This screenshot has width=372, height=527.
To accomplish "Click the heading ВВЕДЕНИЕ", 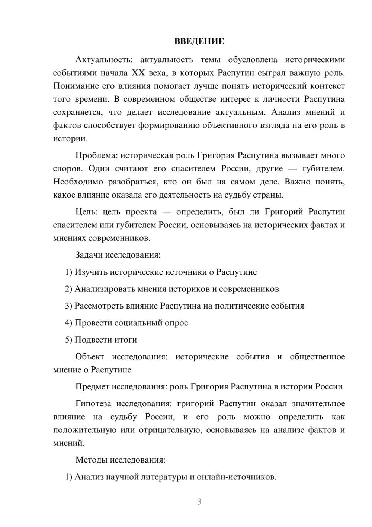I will click(x=199, y=41).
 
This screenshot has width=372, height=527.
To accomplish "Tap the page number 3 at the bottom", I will click(x=199, y=502).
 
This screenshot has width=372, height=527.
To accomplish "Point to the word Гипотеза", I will click(x=92, y=404).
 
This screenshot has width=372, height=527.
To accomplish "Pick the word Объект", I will click(x=90, y=357).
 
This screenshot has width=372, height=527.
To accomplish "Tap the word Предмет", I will click(x=92, y=386).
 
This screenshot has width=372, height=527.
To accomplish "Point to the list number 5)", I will click(x=69, y=340).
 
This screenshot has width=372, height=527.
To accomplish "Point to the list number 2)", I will click(x=69, y=289).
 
